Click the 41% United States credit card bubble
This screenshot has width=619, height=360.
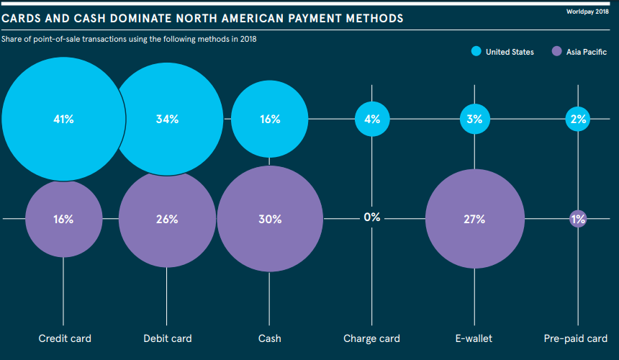tap(63, 119)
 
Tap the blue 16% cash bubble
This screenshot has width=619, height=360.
tap(270, 119)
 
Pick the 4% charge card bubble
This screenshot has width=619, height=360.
tap(372, 119)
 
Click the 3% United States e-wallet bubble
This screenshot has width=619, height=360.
tap(474, 119)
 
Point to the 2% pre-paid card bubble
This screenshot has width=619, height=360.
tap(578, 119)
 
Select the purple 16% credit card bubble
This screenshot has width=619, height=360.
tap(63, 219)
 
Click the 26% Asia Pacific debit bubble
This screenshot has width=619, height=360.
tap(167, 219)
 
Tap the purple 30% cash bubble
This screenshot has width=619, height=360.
tap(270, 219)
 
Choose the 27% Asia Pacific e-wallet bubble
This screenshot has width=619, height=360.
tap(474, 219)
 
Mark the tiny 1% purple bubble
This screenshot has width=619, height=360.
tap(578, 219)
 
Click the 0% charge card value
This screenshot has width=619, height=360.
tap(372, 217)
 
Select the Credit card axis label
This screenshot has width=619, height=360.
tap(65, 338)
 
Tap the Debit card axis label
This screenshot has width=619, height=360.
tap(168, 338)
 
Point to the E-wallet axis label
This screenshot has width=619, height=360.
tap(474, 338)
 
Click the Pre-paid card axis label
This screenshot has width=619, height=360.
tap(576, 338)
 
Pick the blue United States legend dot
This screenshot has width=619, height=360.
tap(476, 51)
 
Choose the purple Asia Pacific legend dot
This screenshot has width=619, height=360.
tap(556, 51)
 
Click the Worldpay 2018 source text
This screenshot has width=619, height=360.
tap(587, 12)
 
